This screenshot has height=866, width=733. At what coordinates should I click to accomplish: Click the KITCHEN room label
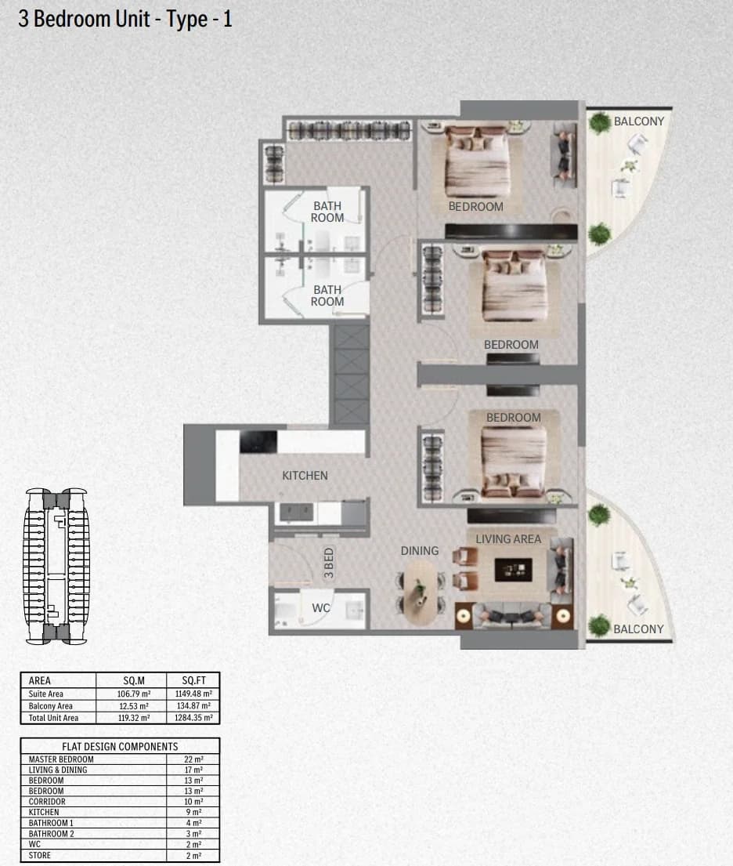[305, 476]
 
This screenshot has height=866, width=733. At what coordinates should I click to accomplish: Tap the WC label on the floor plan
[321, 608]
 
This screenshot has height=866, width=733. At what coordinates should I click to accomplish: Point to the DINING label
[420, 551]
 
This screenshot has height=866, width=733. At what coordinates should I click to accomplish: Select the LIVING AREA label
[508, 539]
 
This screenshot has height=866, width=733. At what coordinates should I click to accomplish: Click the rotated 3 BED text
[328, 563]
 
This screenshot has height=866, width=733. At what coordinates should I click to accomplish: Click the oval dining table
[421, 592]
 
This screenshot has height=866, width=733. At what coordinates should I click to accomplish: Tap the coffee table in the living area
[513, 570]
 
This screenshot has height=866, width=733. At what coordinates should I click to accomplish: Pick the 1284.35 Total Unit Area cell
[193, 718]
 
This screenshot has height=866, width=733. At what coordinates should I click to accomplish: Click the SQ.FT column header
[193, 680]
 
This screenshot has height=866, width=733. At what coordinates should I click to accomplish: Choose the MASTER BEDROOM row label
[61, 759]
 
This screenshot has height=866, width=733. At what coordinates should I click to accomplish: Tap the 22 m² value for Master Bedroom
[193, 759]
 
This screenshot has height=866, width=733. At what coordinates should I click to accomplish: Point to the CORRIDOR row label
[47, 802]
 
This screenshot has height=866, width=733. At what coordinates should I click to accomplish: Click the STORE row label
[40, 856]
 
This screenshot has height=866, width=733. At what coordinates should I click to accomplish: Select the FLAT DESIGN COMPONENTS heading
[120, 747]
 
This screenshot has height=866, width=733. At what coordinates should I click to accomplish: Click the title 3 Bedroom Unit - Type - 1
[125, 20]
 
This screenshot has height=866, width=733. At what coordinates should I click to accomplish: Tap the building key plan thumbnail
[56, 566]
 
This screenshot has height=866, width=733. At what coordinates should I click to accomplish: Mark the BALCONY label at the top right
[638, 121]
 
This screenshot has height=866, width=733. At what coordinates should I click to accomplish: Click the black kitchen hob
[258, 442]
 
